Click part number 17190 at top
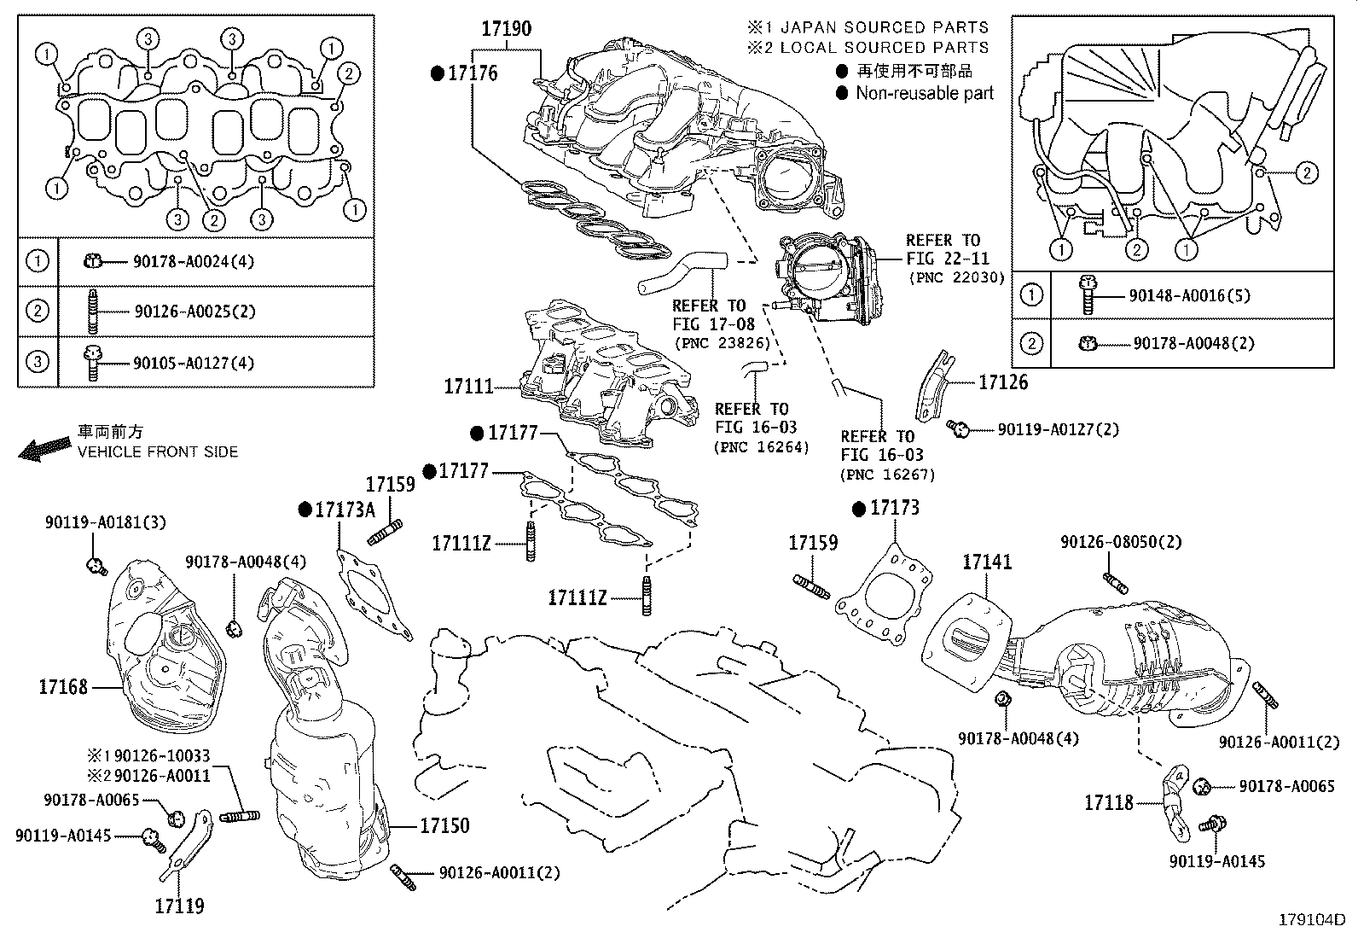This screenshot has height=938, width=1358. click(x=506, y=28)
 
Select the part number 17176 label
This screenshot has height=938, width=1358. click(x=473, y=73)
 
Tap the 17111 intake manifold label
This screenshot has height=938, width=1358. click(x=468, y=387)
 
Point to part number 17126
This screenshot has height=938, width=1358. click(x=1002, y=382)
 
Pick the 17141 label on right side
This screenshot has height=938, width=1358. click(x=987, y=562)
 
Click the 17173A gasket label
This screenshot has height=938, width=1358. click(x=345, y=510)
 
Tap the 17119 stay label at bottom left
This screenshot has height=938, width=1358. click(x=179, y=906)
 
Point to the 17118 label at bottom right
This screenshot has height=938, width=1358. click(x=1109, y=802)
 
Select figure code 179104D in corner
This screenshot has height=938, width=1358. click(x=1310, y=920)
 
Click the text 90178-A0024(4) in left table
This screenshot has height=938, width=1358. click(x=194, y=261)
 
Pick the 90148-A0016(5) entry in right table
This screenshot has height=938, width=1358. click(x=1189, y=295)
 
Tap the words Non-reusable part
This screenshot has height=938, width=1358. click(x=925, y=93)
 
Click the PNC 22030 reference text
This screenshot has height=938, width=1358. click(x=956, y=277)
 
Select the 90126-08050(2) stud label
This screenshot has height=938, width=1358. click(x=1121, y=542)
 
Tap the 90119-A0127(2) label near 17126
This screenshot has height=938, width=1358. click(x=1058, y=429)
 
